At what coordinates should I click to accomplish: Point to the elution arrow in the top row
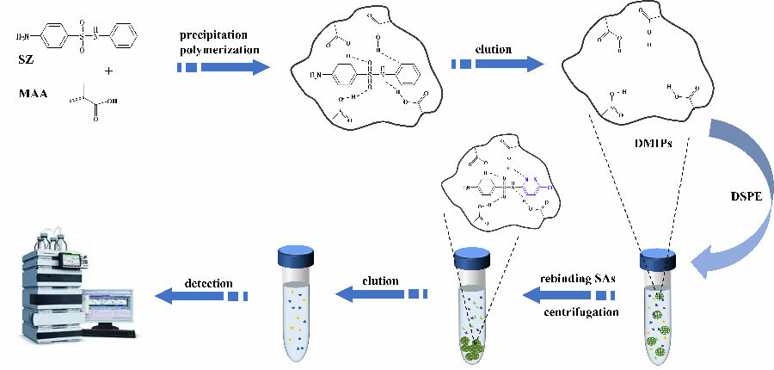point(500,65)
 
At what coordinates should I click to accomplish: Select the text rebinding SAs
point(578,279)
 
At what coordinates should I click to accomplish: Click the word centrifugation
point(581,312)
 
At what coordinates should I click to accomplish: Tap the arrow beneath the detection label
point(200,296)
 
